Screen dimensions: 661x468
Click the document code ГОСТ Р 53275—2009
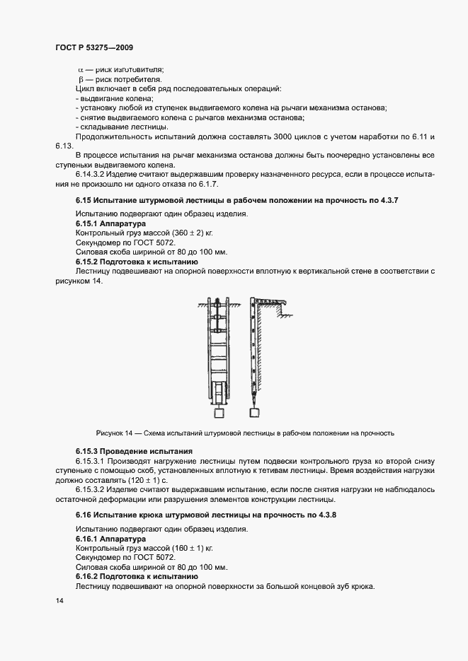pyautogui.click(x=93, y=47)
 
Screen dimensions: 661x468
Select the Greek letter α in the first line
pyautogui.click(x=79, y=69)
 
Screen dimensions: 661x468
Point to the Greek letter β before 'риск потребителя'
pyautogui.click(x=81, y=79)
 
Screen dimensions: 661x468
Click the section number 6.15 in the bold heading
pyautogui.click(x=85, y=201)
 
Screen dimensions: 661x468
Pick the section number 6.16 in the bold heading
pyautogui.click(x=85, y=515)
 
